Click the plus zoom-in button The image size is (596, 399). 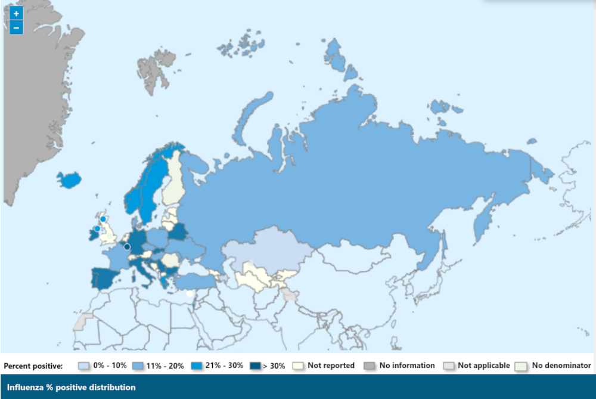(16, 13)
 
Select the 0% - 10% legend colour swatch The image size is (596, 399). (84, 366)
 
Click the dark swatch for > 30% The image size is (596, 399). (256, 366)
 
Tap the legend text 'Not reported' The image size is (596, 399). (331, 366)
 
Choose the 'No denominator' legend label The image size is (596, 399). (561, 366)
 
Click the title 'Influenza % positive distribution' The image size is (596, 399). (71, 388)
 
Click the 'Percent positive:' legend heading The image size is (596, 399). (33, 366)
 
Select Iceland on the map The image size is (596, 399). (70, 179)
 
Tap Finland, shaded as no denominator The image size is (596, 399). (173, 179)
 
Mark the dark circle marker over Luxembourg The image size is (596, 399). (127, 247)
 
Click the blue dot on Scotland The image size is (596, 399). (103, 219)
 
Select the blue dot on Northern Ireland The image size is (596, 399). (97, 228)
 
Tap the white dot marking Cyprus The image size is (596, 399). (190, 293)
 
